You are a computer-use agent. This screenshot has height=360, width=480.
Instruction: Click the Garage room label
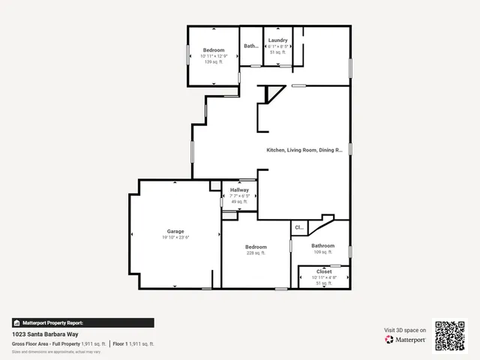click(175, 231)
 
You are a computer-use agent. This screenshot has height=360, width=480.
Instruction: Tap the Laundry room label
click(277, 40)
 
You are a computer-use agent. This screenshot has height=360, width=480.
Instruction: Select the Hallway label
click(239, 190)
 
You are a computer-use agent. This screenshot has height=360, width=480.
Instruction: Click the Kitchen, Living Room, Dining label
click(304, 150)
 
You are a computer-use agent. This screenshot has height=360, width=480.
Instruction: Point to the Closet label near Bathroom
click(324, 271)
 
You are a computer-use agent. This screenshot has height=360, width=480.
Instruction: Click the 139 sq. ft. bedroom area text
click(214, 61)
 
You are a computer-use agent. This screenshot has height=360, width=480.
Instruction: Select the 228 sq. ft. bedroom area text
click(256, 253)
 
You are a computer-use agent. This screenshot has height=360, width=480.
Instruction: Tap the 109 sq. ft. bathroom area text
click(323, 252)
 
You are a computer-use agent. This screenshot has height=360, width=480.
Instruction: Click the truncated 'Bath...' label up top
click(251, 46)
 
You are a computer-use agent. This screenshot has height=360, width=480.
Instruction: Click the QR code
click(450, 335)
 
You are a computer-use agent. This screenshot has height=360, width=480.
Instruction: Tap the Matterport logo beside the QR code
click(406, 340)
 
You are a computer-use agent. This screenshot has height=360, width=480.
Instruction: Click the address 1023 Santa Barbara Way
click(45, 334)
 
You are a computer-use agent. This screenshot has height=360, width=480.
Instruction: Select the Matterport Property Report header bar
click(82, 322)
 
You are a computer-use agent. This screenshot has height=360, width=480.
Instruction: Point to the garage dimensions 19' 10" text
click(175, 238)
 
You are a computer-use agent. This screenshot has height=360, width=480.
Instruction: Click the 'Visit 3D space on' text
click(406, 330)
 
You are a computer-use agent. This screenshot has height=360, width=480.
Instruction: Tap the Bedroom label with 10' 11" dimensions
click(214, 49)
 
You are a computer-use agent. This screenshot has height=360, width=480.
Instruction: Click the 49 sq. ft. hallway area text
click(239, 202)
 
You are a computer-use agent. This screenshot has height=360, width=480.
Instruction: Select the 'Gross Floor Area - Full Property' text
click(45, 343)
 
